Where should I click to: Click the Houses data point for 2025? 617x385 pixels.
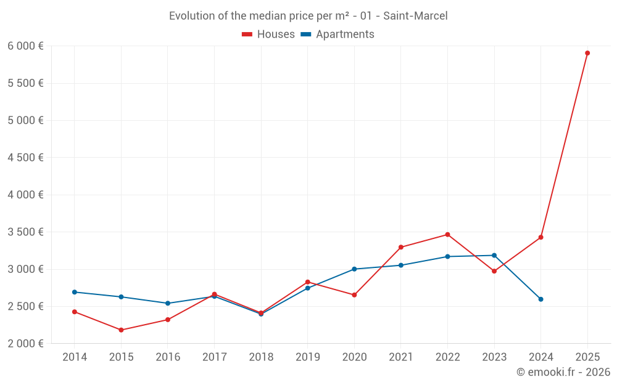(587, 53)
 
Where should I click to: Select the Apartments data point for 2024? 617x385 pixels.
(540, 299)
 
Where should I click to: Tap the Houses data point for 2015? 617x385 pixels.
(121, 330)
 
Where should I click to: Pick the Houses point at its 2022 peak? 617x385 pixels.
(447, 235)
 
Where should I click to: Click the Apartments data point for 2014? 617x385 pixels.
(75, 292)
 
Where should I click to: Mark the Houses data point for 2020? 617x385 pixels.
(354, 295)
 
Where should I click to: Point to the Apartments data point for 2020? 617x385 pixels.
(354, 269)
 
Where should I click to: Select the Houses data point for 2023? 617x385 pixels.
(494, 271)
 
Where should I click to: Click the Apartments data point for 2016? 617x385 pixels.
(168, 303)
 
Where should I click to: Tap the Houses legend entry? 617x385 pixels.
(268, 34)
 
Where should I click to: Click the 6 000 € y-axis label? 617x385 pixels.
(25, 46)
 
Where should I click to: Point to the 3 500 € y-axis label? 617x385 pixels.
(25, 232)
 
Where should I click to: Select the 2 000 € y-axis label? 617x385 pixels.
(25, 344)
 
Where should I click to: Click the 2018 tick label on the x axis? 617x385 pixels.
(261, 357)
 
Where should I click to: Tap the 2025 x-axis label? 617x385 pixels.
(587, 357)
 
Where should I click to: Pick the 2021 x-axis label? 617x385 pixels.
(401, 357)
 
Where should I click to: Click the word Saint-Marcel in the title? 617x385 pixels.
(415, 16)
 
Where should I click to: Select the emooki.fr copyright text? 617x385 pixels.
(563, 372)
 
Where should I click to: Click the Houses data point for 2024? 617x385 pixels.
(540, 237)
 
